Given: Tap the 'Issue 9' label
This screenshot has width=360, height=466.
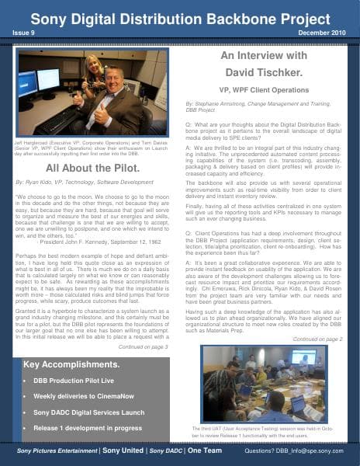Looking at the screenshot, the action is tap(24, 33).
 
